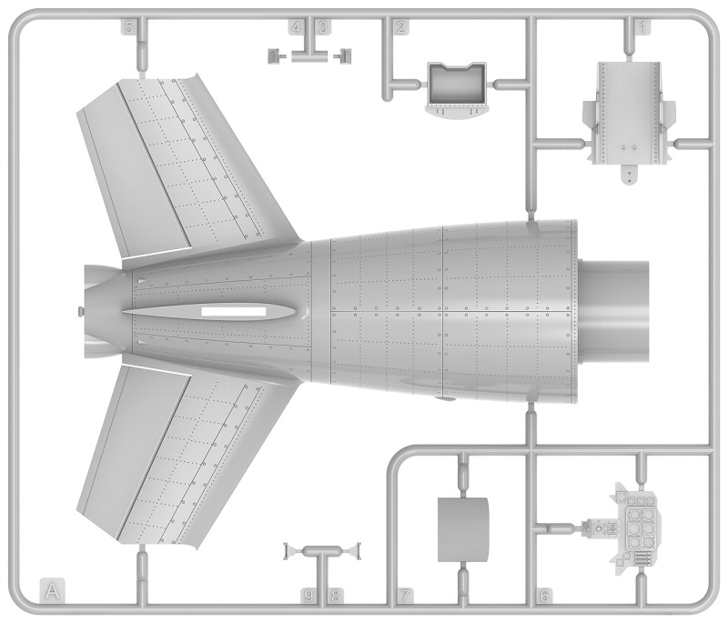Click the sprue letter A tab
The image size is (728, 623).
pyautogui.click(x=53, y=590)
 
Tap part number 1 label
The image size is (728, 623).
pyautogui.click(x=642, y=27)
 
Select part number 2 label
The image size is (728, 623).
pyautogui.click(x=401, y=27)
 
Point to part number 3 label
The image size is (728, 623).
pyautogui.click(x=323, y=27)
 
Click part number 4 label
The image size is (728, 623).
pyautogui.click(x=297, y=27)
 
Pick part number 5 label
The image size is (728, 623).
pyautogui.click(x=129, y=27)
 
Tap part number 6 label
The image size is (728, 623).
pyautogui.click(x=544, y=595)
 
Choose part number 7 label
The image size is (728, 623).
pyautogui.click(x=405, y=595)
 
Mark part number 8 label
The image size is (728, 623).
pyautogui.click(x=335, y=595)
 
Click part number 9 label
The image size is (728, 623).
pyautogui.click(x=308, y=595)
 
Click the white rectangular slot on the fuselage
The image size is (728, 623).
pyautogui.click(x=234, y=311)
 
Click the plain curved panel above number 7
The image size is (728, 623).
pyautogui.click(x=463, y=529)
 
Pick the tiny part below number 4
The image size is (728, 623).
pyautogui.click(x=275, y=56)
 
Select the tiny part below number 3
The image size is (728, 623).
pyautogui.click(x=345, y=56)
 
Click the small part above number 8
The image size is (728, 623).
pyautogui.click(x=353, y=551)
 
